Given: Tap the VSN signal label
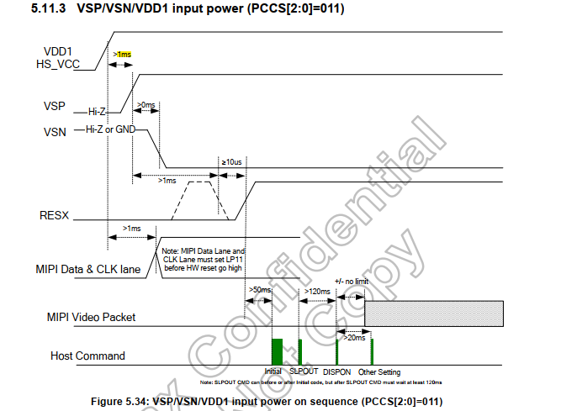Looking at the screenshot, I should click(53, 132).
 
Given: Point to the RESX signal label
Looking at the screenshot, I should click(55, 216).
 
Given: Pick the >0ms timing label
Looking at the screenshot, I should click(146, 105).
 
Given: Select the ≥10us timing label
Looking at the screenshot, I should click(231, 161).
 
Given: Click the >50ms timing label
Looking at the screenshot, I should click(260, 290).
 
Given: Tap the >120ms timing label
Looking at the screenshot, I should click(317, 290).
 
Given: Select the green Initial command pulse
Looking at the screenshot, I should click(276, 350).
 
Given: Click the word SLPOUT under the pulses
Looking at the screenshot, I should click(304, 371).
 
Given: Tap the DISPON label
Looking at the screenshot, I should click(337, 371).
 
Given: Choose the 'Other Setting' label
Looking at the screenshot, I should click(379, 371).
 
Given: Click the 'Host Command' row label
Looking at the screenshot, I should click(87, 356).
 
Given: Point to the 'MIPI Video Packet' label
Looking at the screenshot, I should click(91, 317).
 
